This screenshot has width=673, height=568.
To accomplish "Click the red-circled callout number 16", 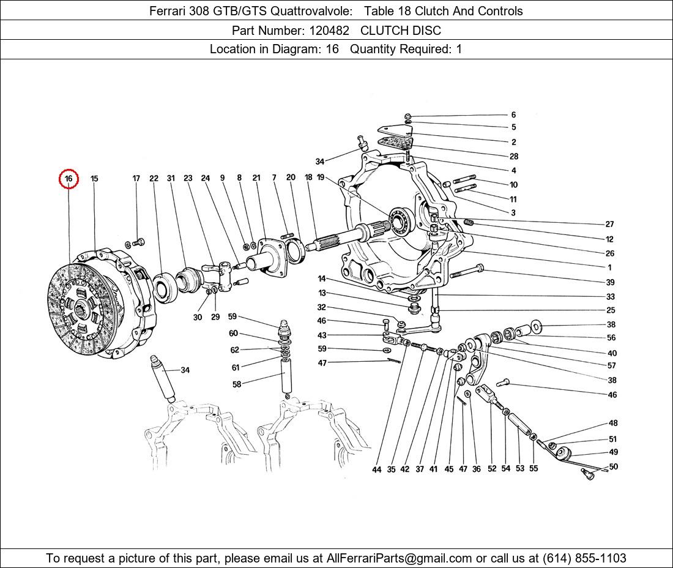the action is tap(69, 179).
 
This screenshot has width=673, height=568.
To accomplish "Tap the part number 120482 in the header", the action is tap(329, 31).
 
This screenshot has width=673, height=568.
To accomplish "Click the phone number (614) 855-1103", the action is tap(584, 558).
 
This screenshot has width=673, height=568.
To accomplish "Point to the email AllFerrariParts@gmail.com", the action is tap(400, 558).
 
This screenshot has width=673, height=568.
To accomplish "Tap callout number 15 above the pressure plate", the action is tap(94, 178).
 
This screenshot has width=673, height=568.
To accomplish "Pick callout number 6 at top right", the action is tap(513, 114).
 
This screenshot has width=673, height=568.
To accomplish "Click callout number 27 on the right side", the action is tap(609, 224).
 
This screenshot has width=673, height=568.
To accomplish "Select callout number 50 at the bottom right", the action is tap(613, 466).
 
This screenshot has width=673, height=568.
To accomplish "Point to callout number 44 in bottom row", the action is tap(376, 469).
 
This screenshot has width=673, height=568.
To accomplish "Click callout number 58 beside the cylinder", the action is tap(237, 384).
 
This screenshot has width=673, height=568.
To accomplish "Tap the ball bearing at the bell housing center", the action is tap(400, 221).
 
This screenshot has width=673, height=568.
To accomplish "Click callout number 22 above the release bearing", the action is tap(154, 178).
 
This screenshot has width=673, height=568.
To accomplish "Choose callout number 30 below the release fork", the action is tap(198, 317).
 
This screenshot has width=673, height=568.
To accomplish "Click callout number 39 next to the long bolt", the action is tap(611, 282).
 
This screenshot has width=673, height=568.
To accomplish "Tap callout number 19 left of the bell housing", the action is tap(321, 177).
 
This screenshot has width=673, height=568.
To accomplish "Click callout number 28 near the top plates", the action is tap(514, 156).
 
